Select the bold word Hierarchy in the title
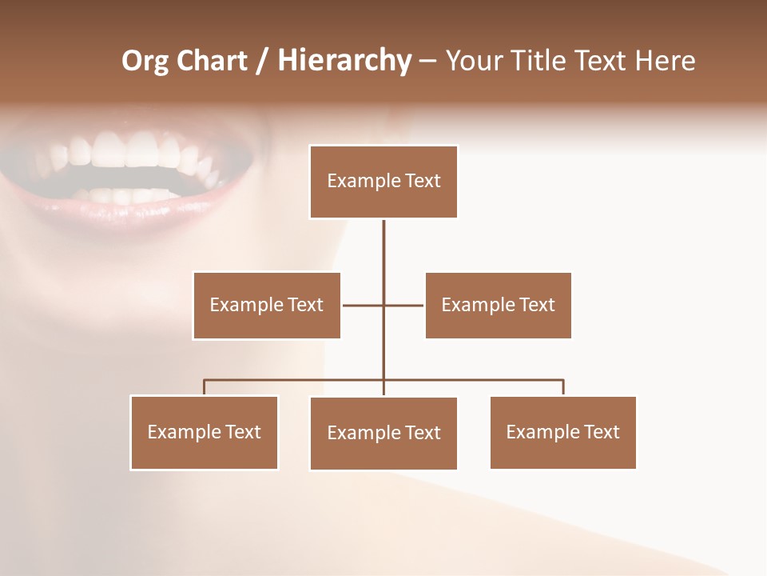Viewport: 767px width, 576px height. (x=344, y=61)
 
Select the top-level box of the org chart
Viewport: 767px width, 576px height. (x=383, y=182)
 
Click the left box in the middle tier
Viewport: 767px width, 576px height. (x=267, y=306)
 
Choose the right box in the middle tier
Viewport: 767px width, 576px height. (x=498, y=306)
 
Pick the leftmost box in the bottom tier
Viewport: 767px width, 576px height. (x=205, y=433)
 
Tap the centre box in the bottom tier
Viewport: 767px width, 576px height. (x=383, y=434)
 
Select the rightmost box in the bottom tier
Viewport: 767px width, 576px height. (x=563, y=433)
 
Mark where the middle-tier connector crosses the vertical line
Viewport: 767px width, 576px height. (x=383, y=305)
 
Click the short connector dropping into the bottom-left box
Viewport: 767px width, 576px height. (x=205, y=387)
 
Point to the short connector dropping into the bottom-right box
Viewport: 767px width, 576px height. (x=563, y=387)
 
